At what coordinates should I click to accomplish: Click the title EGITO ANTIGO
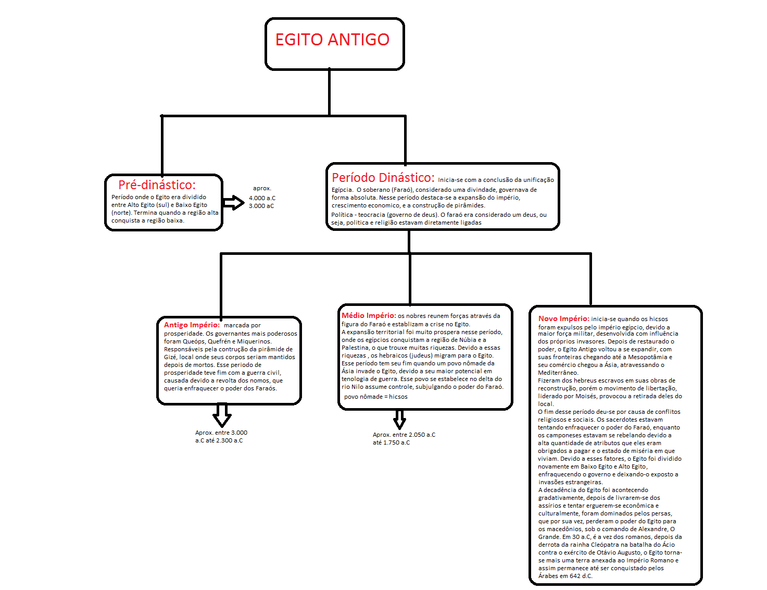332,40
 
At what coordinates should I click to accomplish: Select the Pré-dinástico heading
157,185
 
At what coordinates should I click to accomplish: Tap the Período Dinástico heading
383,178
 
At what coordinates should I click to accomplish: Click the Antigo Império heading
192,325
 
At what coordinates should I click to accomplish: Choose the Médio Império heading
369,315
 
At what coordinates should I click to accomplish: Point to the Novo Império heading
563,318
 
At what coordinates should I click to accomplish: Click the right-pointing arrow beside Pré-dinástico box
233,203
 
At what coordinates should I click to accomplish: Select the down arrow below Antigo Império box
222,415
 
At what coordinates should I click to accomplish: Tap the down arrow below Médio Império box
399,419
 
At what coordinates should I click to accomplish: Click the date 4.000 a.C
262,198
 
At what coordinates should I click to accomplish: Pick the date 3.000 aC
261,206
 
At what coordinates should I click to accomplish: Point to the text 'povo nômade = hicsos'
375,397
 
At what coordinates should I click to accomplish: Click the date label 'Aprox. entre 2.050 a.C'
404,435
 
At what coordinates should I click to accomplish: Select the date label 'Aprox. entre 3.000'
221,433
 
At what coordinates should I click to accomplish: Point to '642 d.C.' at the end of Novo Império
581,576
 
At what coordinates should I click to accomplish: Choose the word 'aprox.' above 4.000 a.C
262,188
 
